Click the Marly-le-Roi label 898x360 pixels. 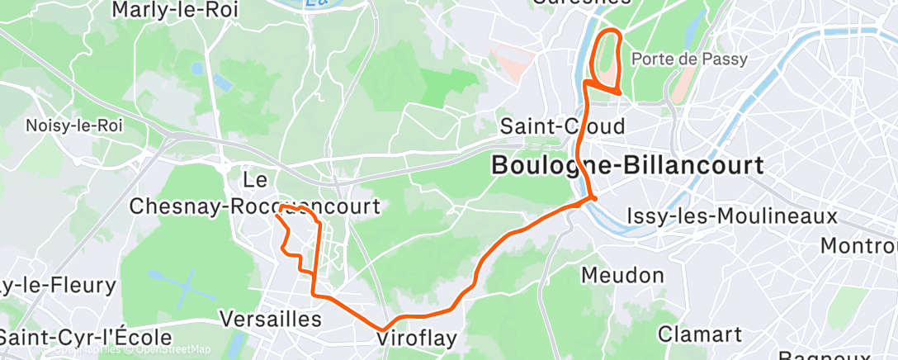pyautogui.click(x=174, y=10)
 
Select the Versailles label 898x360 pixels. pyautogui.click(x=271, y=319)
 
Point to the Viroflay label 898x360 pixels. pyautogui.click(x=417, y=339)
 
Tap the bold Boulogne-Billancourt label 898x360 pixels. pyautogui.click(x=627, y=165)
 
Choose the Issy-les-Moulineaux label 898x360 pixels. pyautogui.click(x=733, y=216)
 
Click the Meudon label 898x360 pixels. pyautogui.click(x=623, y=274)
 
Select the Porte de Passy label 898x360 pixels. pyautogui.click(x=688, y=59)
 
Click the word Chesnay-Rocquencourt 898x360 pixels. pyautogui.click(x=255, y=206)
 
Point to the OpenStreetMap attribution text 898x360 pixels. pyautogui.click(x=169, y=350)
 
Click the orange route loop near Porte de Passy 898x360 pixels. pyautogui.click(x=607, y=58)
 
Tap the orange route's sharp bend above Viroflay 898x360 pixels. pyautogui.click(x=384, y=329)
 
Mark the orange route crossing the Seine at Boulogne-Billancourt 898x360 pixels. pyautogui.click(x=592, y=198)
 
